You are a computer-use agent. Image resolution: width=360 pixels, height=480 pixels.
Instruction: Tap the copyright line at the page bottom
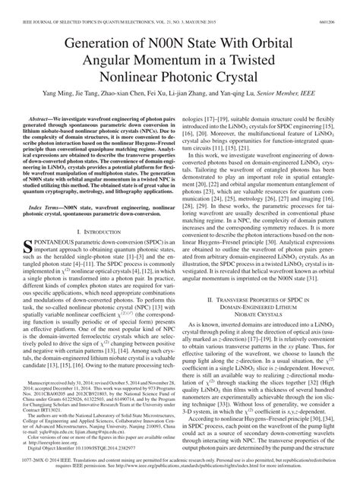[x=180, y=466]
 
